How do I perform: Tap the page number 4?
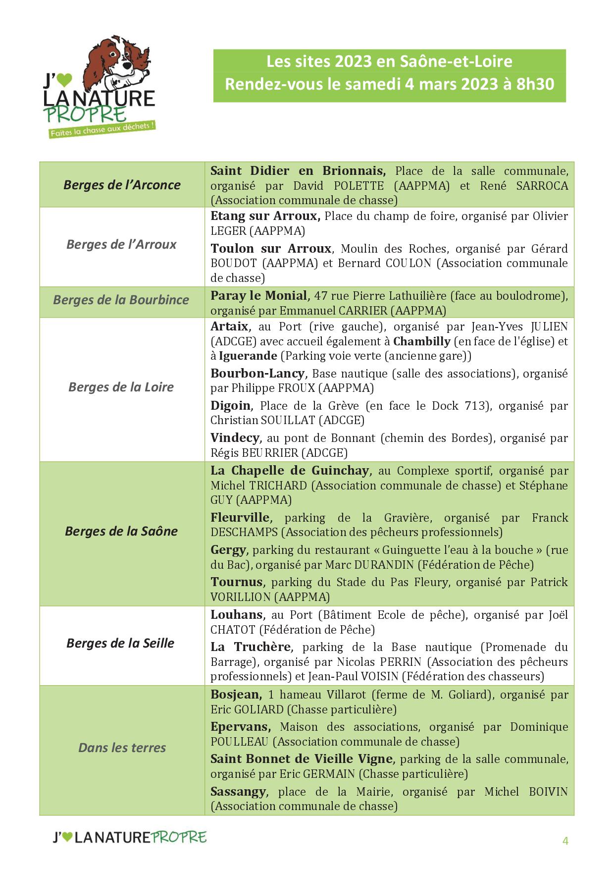565,841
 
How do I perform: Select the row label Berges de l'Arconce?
122,185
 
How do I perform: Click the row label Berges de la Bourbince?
121,300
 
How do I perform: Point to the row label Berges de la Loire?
121,387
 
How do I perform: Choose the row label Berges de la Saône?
121,531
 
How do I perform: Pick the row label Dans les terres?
122,748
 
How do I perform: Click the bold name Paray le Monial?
259,296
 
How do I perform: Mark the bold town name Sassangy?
239,792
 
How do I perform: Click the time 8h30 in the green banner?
535,84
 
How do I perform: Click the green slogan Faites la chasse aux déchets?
102,130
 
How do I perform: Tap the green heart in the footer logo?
68,837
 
